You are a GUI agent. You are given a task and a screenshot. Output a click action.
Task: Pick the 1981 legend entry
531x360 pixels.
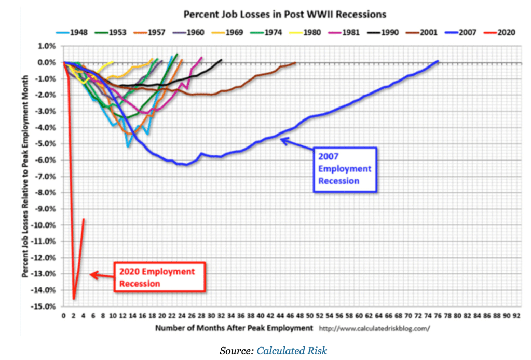(348, 32)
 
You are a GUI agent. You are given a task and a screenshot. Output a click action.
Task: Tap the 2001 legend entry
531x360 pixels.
(424, 32)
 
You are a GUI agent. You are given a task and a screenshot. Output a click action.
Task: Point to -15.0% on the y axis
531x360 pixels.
(45, 306)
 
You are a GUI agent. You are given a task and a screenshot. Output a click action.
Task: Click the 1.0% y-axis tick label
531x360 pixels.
(47, 46)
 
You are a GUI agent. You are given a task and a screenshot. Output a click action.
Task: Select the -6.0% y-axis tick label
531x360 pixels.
(46, 160)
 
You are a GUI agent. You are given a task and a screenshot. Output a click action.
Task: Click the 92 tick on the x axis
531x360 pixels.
(516, 316)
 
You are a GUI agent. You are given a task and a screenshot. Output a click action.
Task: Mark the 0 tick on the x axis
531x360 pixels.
(63, 316)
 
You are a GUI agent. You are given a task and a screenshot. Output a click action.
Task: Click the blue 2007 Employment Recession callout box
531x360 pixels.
(345, 169)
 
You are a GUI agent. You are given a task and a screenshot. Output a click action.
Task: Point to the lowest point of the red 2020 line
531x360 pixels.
(74, 299)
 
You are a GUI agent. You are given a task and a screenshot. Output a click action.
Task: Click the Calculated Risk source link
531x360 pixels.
(292, 351)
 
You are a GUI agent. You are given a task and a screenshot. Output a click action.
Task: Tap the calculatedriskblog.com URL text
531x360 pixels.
(374, 329)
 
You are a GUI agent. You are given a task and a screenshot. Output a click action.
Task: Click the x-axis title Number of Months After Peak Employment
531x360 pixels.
(234, 328)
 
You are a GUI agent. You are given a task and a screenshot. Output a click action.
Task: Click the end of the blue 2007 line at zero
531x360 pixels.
(438, 61)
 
